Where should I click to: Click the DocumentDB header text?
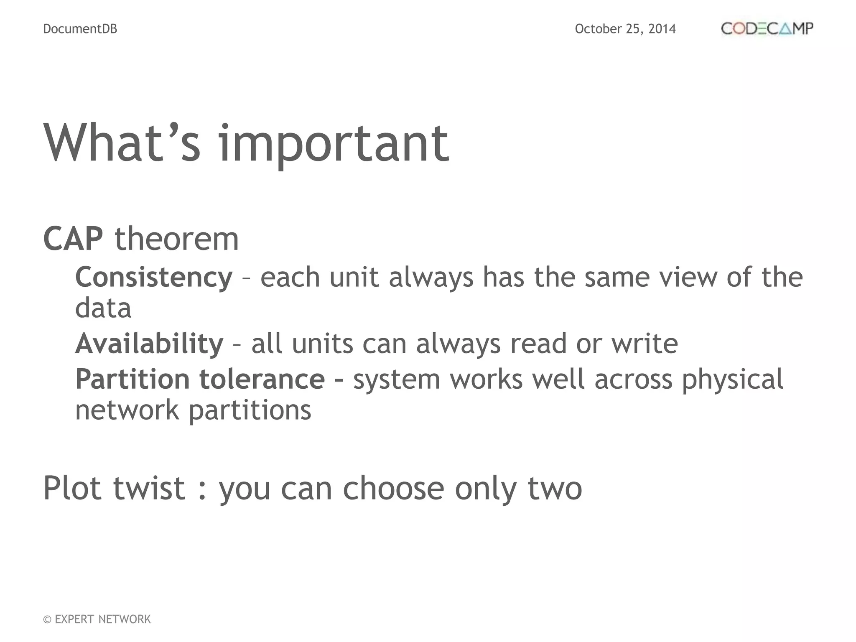(80, 29)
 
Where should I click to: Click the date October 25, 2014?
(625, 29)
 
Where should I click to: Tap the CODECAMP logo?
(767, 28)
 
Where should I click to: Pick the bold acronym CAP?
(73, 239)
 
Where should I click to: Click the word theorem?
(176, 239)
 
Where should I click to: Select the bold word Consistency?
(153, 278)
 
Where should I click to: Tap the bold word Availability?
(149, 344)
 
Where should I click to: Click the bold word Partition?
(132, 379)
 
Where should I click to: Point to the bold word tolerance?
(262, 379)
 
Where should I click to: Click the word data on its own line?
(103, 308)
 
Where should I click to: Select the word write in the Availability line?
(645, 344)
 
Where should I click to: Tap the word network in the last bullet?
(127, 410)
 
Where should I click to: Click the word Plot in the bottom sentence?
(72, 488)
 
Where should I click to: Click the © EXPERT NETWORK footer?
(97, 619)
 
